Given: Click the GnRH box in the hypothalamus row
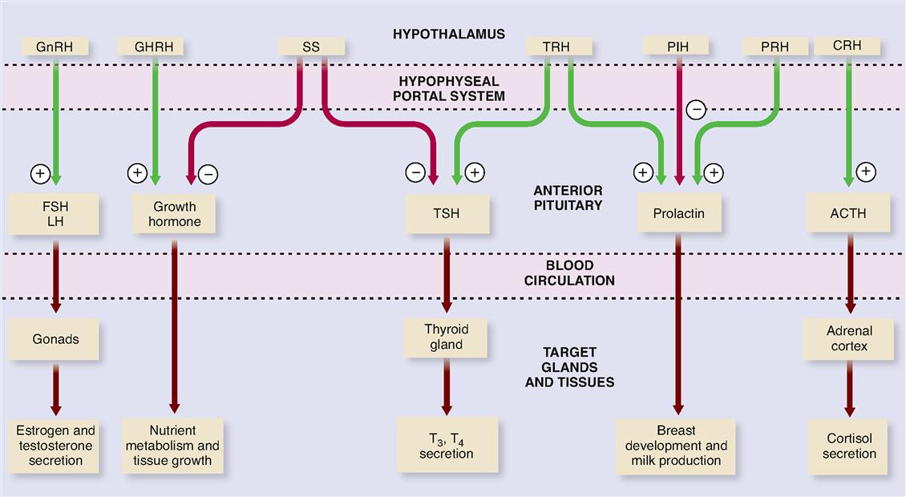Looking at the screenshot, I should pyautogui.click(x=55, y=46).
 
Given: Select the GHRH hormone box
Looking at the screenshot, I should pyautogui.click(x=150, y=46).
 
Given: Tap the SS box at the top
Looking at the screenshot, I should pyautogui.click(x=311, y=46).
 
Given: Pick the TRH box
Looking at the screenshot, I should pyautogui.click(x=556, y=46).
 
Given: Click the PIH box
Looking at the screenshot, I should pyautogui.click(x=677, y=46).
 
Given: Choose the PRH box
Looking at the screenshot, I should pyautogui.click(x=775, y=46).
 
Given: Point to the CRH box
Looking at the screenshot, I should pyautogui.click(x=847, y=46).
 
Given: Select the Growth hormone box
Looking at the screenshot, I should pyautogui.click(x=174, y=214).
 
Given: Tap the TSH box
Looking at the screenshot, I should pyautogui.click(x=447, y=213).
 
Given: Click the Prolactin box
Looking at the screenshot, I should pyautogui.click(x=678, y=213).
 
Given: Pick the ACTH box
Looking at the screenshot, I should pyautogui.click(x=849, y=213).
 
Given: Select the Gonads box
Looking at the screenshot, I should pyautogui.click(x=56, y=338).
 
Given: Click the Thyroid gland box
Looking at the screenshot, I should pyautogui.click(x=447, y=337).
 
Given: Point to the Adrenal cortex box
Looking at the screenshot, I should pyautogui.click(x=849, y=338).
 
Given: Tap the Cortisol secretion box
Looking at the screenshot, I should pyautogui.click(x=849, y=446).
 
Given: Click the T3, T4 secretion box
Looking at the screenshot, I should pyautogui.click(x=447, y=445).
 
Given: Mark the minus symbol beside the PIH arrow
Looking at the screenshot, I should pyautogui.click(x=696, y=109).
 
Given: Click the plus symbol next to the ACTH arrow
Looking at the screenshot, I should pyautogui.click(x=865, y=171).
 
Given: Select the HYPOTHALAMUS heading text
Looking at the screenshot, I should pyautogui.click(x=449, y=34).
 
